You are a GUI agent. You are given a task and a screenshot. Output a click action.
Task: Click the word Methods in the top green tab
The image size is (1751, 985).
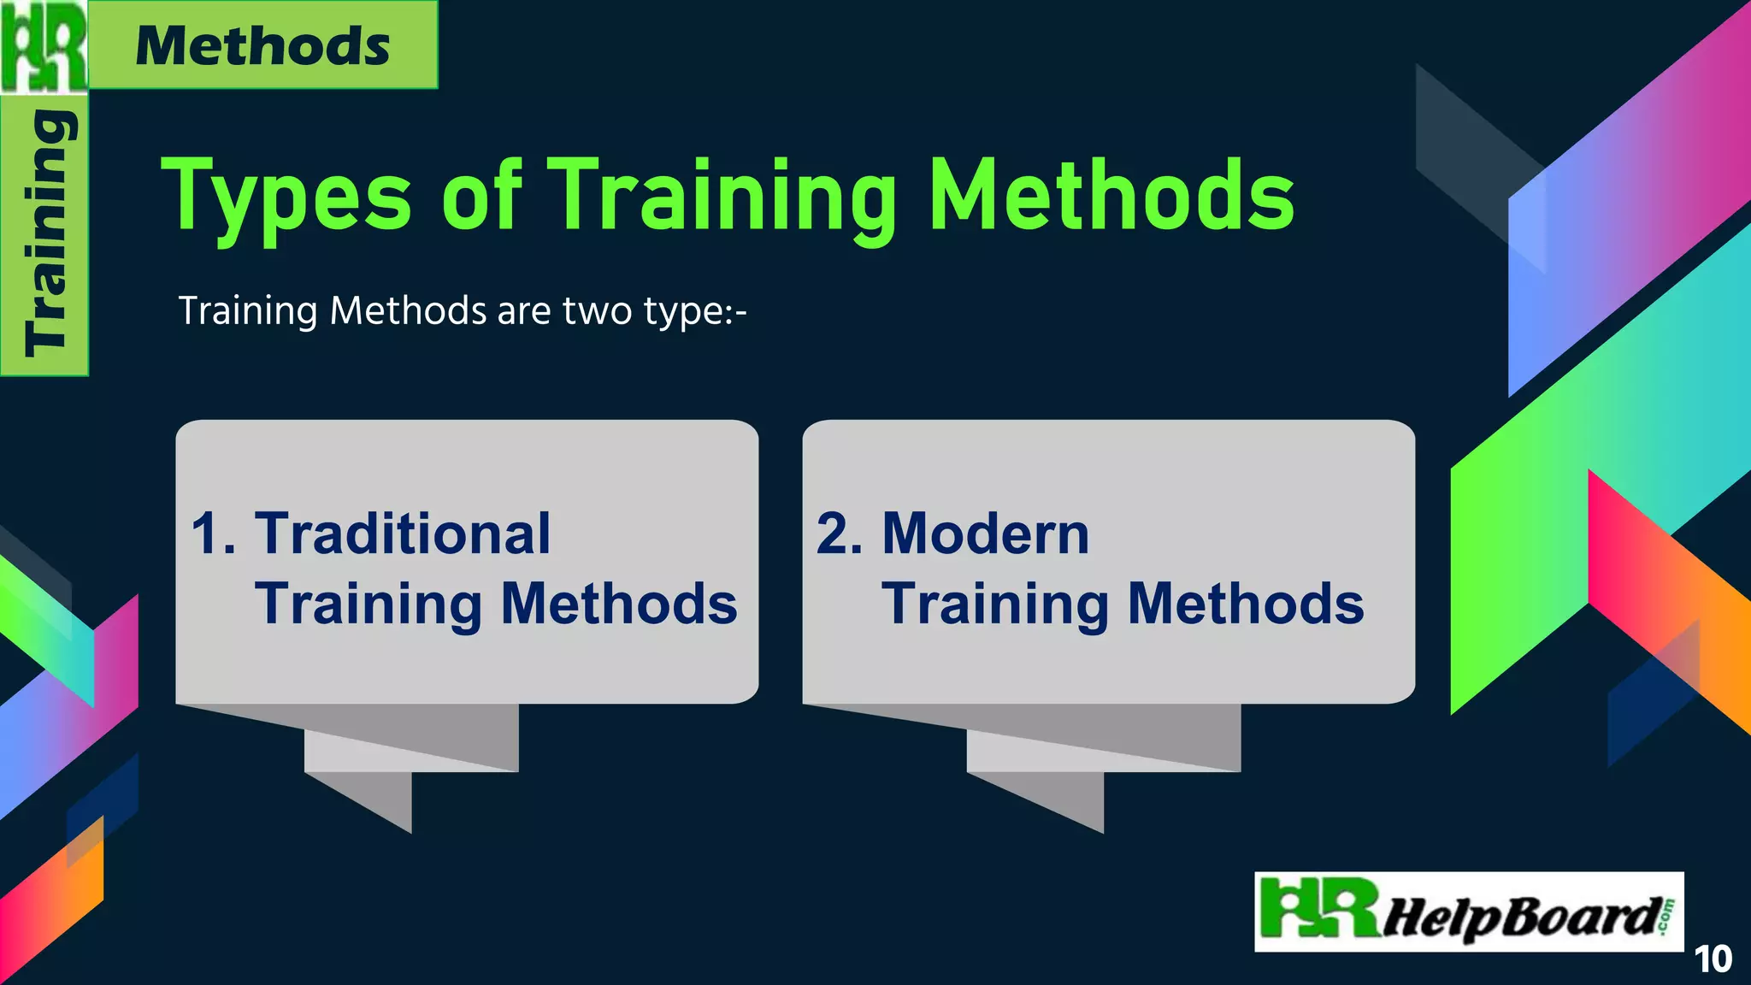point(262,45)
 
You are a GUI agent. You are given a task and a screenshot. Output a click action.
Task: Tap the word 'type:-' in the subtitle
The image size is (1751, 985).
point(696,312)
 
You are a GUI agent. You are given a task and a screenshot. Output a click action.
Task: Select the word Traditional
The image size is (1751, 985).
point(403,534)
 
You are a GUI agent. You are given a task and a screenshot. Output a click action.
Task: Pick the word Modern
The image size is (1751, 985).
point(986,534)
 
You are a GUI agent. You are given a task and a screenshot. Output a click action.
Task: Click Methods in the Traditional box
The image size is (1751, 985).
point(619,604)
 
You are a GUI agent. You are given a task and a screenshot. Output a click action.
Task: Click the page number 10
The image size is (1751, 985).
point(1713,959)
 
